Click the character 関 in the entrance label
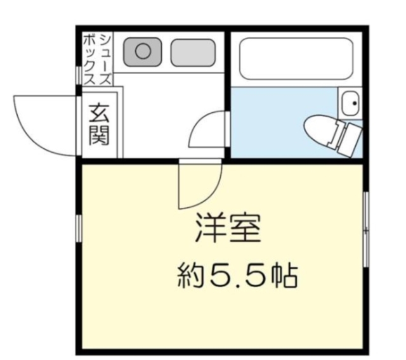[98, 136]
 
